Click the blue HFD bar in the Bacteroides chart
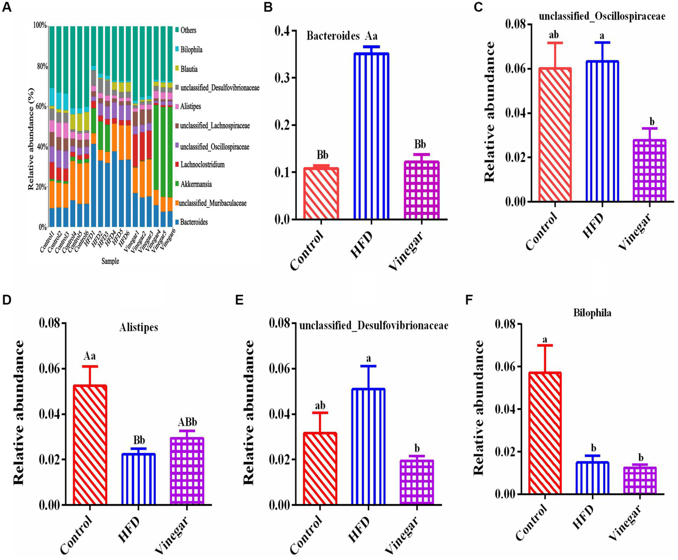[x=371, y=136]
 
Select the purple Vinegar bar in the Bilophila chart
[x=640, y=480]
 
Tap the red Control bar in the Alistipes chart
[x=90, y=444]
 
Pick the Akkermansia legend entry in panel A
[x=196, y=184]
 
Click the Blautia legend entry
[x=189, y=69]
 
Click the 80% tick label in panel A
[x=41, y=66]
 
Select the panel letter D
[x=7, y=300]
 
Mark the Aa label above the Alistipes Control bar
[x=90, y=356]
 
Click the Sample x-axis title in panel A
[x=110, y=261]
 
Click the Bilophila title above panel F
[x=592, y=313]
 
